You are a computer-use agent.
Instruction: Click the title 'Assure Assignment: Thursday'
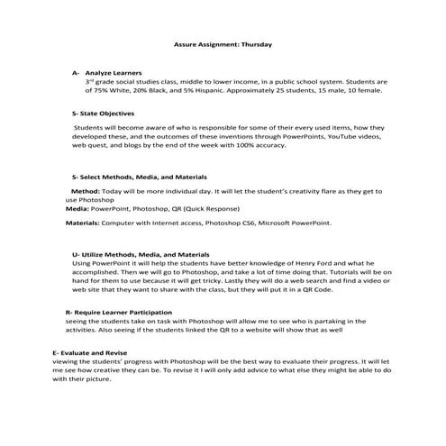click(222, 44)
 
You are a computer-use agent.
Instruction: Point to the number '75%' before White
click(102, 89)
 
